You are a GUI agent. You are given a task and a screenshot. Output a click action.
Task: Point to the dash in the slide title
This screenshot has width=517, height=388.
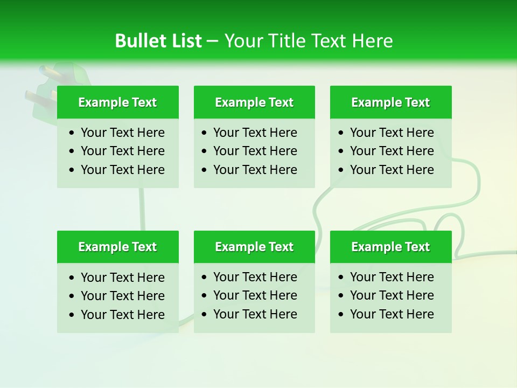pos(213,41)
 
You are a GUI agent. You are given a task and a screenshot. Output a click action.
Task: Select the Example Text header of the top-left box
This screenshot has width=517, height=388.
pos(117,102)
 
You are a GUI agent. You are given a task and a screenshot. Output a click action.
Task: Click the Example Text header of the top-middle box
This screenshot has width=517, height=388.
pos(254,102)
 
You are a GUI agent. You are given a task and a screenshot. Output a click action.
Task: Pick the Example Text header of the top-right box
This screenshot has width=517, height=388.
pos(390,102)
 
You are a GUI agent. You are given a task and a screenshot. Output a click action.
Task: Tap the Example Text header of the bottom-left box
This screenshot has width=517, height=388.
pos(117,247)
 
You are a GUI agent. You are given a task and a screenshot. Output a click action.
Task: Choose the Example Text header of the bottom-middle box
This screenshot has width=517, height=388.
pos(254,247)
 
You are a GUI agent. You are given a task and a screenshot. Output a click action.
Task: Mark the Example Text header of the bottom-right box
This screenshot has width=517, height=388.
pos(390,247)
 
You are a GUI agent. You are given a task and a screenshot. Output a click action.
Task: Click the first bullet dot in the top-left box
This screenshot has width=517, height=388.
pos(72,133)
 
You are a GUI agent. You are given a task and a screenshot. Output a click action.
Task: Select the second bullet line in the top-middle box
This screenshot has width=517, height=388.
pos(255,151)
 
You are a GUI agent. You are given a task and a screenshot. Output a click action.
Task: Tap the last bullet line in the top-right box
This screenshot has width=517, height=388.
pos(392,170)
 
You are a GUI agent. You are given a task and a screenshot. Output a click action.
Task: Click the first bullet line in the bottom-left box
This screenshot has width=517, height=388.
pos(122,278)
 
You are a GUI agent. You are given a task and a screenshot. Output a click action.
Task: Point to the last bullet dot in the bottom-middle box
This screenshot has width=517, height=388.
pos(204,315)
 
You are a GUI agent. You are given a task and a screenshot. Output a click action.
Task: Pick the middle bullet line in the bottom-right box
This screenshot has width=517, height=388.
pos(392,295)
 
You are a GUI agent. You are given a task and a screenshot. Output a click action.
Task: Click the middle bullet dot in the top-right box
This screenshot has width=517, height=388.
pos(341,151)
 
